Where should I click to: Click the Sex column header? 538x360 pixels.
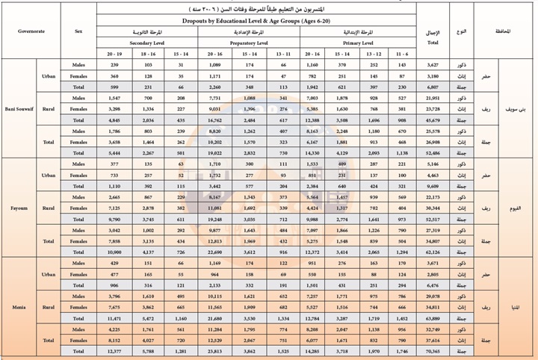point(79,33)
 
